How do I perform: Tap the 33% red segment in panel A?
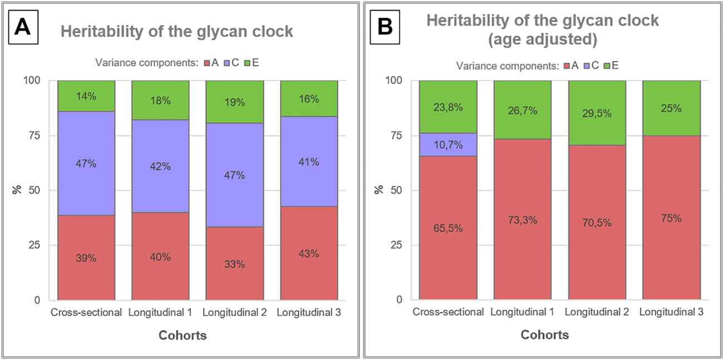[x=234, y=263]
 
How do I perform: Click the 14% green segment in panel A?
[x=86, y=96]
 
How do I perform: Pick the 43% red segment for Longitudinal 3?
[x=309, y=253]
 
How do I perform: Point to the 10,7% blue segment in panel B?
[x=448, y=144]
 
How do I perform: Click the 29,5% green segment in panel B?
[x=597, y=113]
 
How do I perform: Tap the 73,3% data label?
[x=522, y=220]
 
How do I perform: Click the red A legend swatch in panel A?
[x=206, y=63]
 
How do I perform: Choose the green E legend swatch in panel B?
[x=607, y=66]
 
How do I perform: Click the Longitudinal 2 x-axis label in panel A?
[x=234, y=313]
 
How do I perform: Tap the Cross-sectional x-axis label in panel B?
[x=448, y=313]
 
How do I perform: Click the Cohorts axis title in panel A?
[x=183, y=336]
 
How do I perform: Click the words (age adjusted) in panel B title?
[x=542, y=40]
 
